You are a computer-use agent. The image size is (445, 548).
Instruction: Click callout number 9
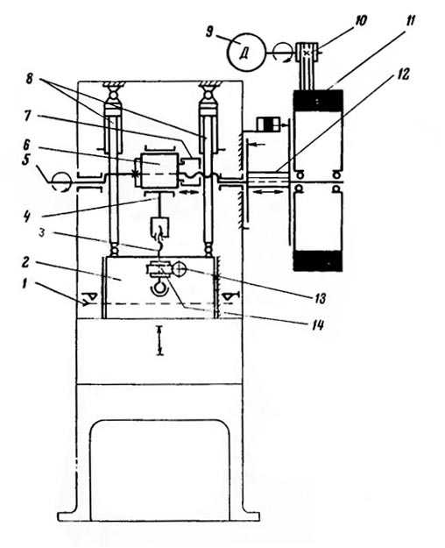tap(209, 32)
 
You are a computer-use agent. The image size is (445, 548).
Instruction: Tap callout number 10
tap(360, 21)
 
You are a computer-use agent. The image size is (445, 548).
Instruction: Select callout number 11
tap(411, 20)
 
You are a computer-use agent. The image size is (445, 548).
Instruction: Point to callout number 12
tap(404, 75)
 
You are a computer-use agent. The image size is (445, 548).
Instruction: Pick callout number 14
tap(317, 325)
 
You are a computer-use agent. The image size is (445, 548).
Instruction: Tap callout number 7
tap(28, 116)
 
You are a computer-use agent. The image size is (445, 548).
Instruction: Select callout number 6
tap(28, 146)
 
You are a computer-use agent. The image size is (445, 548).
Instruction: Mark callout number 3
tap(42, 232)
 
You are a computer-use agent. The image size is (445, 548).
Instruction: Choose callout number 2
tap(25, 262)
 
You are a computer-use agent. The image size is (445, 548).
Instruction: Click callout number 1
tap(25, 283)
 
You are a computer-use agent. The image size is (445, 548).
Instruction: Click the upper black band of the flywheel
tap(317, 100)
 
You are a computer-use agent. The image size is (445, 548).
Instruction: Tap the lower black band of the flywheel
tap(317, 260)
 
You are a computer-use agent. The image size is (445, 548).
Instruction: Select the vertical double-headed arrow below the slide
tap(160, 340)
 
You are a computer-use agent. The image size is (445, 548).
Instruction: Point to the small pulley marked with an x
tap(307, 52)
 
